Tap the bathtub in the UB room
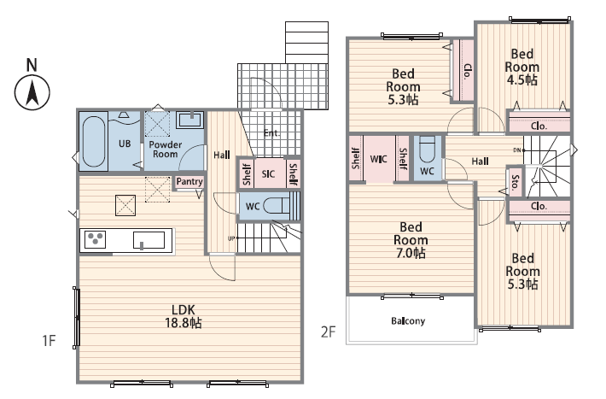pos(93,142)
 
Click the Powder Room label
pos(165,150)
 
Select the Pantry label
pos(189,181)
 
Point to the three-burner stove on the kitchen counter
pos(95,239)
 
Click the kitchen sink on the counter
pos(149,240)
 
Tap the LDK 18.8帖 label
pos(184,316)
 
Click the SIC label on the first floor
pos(268,174)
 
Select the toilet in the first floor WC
pos(277,206)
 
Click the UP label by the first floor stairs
pos(231,238)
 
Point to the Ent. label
pos(271,133)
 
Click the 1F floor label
pos(49,341)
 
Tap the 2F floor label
pos(328,332)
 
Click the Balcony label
pos(408,321)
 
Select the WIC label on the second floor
pos(378,159)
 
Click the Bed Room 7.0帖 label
pos(411,240)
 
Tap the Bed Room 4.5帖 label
pos(522,67)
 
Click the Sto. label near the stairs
pos(515,182)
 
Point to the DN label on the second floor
pos(516,150)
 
